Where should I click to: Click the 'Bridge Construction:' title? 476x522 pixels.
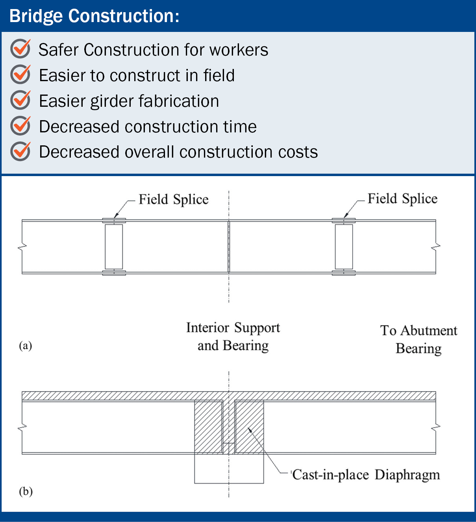click(x=94, y=16)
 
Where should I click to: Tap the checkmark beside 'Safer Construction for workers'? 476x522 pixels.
click(x=20, y=48)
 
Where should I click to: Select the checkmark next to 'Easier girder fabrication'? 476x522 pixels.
click(x=20, y=100)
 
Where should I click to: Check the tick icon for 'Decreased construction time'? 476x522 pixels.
click(x=20, y=126)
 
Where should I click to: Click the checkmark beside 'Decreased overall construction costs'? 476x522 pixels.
click(x=20, y=151)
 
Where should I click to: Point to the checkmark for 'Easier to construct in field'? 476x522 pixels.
click(x=20, y=74)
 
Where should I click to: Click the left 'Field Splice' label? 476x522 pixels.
click(x=174, y=200)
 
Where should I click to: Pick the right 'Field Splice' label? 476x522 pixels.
click(x=402, y=199)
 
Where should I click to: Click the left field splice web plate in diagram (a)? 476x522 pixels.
click(x=114, y=247)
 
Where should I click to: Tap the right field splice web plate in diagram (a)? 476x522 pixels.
click(x=344, y=247)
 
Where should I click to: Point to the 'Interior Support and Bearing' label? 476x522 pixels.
click(x=233, y=337)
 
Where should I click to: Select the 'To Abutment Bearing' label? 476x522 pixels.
click(x=419, y=340)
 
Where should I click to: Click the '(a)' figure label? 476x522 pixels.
click(x=26, y=346)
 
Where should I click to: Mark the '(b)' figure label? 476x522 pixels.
click(x=26, y=492)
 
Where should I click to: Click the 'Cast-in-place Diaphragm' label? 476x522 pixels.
click(x=366, y=475)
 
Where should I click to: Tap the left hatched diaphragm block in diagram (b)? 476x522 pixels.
click(x=208, y=427)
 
